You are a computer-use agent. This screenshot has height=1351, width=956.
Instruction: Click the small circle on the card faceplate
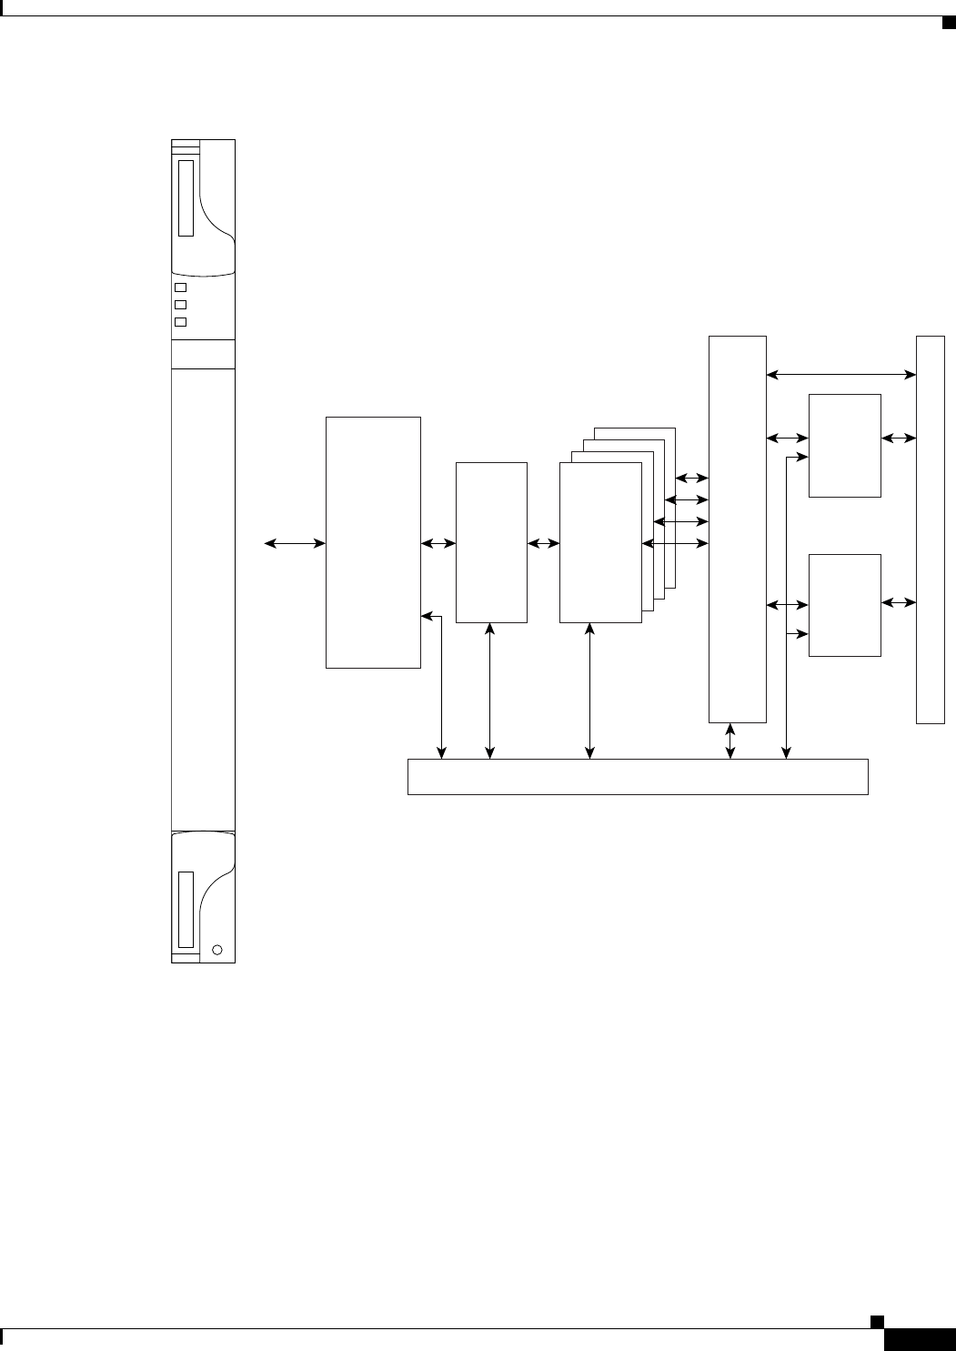(216, 950)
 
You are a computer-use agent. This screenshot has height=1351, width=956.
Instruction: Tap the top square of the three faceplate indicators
(180, 287)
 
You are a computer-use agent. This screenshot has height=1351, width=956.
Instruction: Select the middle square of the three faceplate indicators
(180, 305)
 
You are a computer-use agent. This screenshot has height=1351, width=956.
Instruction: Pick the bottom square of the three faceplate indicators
(180, 322)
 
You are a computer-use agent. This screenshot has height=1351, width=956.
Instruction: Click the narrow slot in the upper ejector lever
(186, 198)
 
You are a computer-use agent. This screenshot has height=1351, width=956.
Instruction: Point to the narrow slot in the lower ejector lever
(186, 909)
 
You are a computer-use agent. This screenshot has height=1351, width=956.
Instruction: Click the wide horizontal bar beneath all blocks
(638, 776)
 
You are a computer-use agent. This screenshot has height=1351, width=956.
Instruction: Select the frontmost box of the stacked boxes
(600, 543)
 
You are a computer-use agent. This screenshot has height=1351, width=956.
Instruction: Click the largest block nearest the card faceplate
(373, 543)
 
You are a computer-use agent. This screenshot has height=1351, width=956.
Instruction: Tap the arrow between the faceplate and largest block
(295, 544)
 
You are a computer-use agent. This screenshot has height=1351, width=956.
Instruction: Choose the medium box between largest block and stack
(491, 543)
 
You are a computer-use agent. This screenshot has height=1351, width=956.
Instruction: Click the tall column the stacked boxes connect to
(738, 529)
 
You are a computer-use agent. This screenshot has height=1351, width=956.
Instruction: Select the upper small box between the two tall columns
(845, 446)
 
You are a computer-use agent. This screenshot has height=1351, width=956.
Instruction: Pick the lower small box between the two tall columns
(845, 605)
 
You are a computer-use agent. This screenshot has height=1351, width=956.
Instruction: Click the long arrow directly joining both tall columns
(841, 373)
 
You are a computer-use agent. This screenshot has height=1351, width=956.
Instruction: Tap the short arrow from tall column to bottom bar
(731, 740)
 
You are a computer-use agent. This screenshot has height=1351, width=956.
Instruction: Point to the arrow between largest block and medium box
(438, 544)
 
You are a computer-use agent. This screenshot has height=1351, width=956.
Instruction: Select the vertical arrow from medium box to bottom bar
(490, 691)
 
